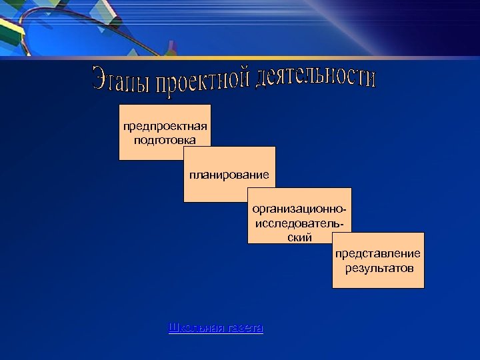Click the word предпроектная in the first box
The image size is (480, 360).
point(165,127)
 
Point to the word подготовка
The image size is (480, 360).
point(165,140)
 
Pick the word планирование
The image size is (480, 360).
point(229,175)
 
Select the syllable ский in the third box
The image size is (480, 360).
point(299,237)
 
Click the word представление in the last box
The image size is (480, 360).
point(378,254)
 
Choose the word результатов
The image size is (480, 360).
point(379,268)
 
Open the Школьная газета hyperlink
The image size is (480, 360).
point(216,328)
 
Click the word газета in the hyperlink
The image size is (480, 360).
point(245,328)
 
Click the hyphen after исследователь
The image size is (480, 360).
point(341,223)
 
